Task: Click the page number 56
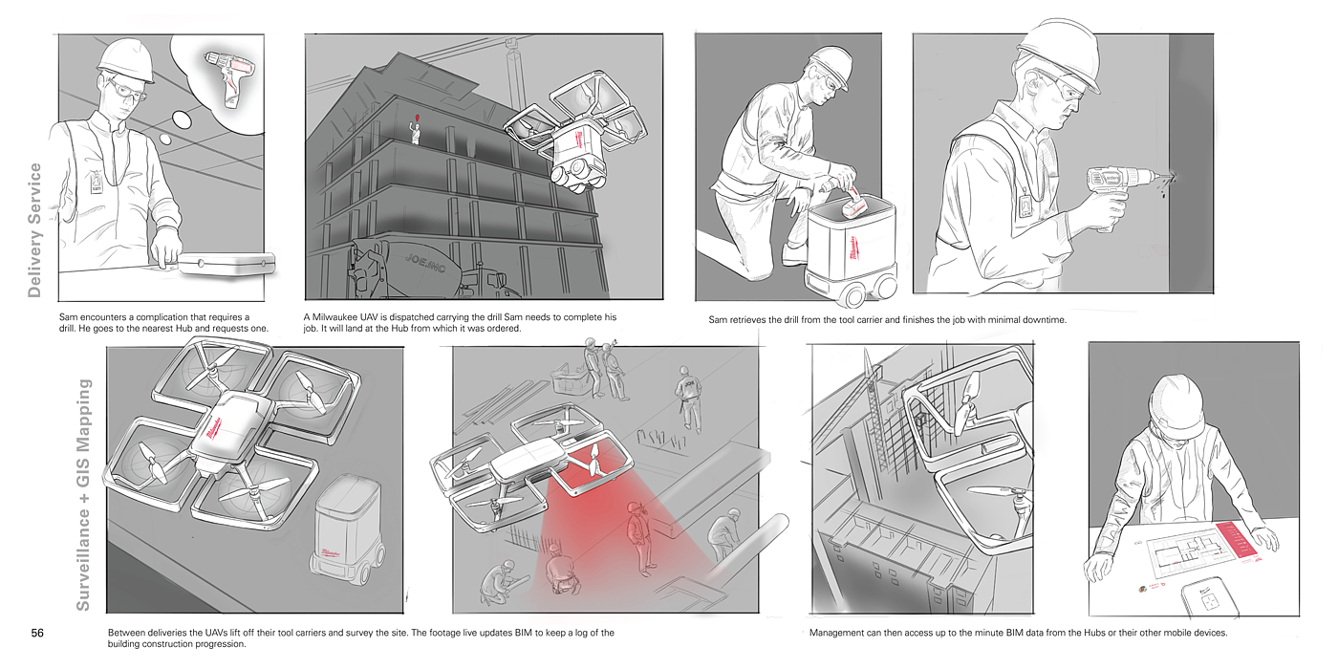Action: (37, 633)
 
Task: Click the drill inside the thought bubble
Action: (230, 77)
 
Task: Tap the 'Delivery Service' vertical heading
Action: (34, 230)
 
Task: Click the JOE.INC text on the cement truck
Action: (425, 263)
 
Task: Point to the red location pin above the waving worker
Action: (417, 118)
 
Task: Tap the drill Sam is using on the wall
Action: (1116, 190)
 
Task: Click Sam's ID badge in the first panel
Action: (97, 182)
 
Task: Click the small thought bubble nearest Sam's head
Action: (165, 140)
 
